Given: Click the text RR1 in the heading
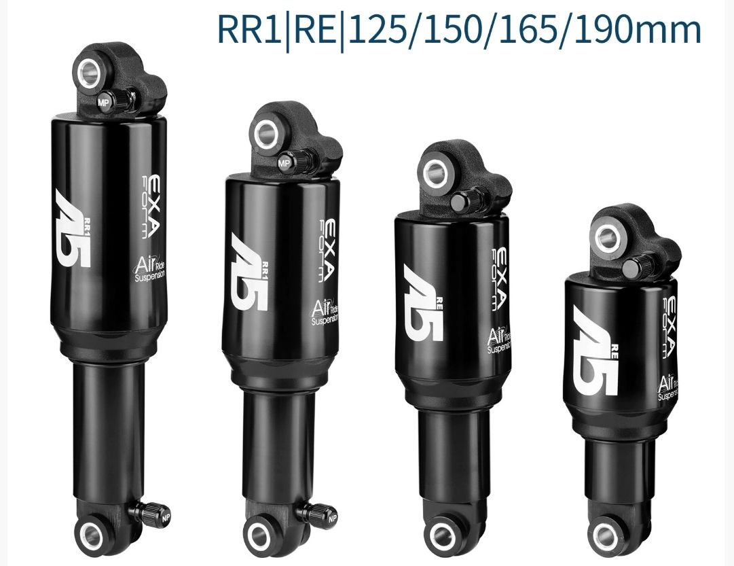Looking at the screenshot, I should click(x=249, y=29).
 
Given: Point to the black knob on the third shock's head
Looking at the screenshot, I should click(x=470, y=201).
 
